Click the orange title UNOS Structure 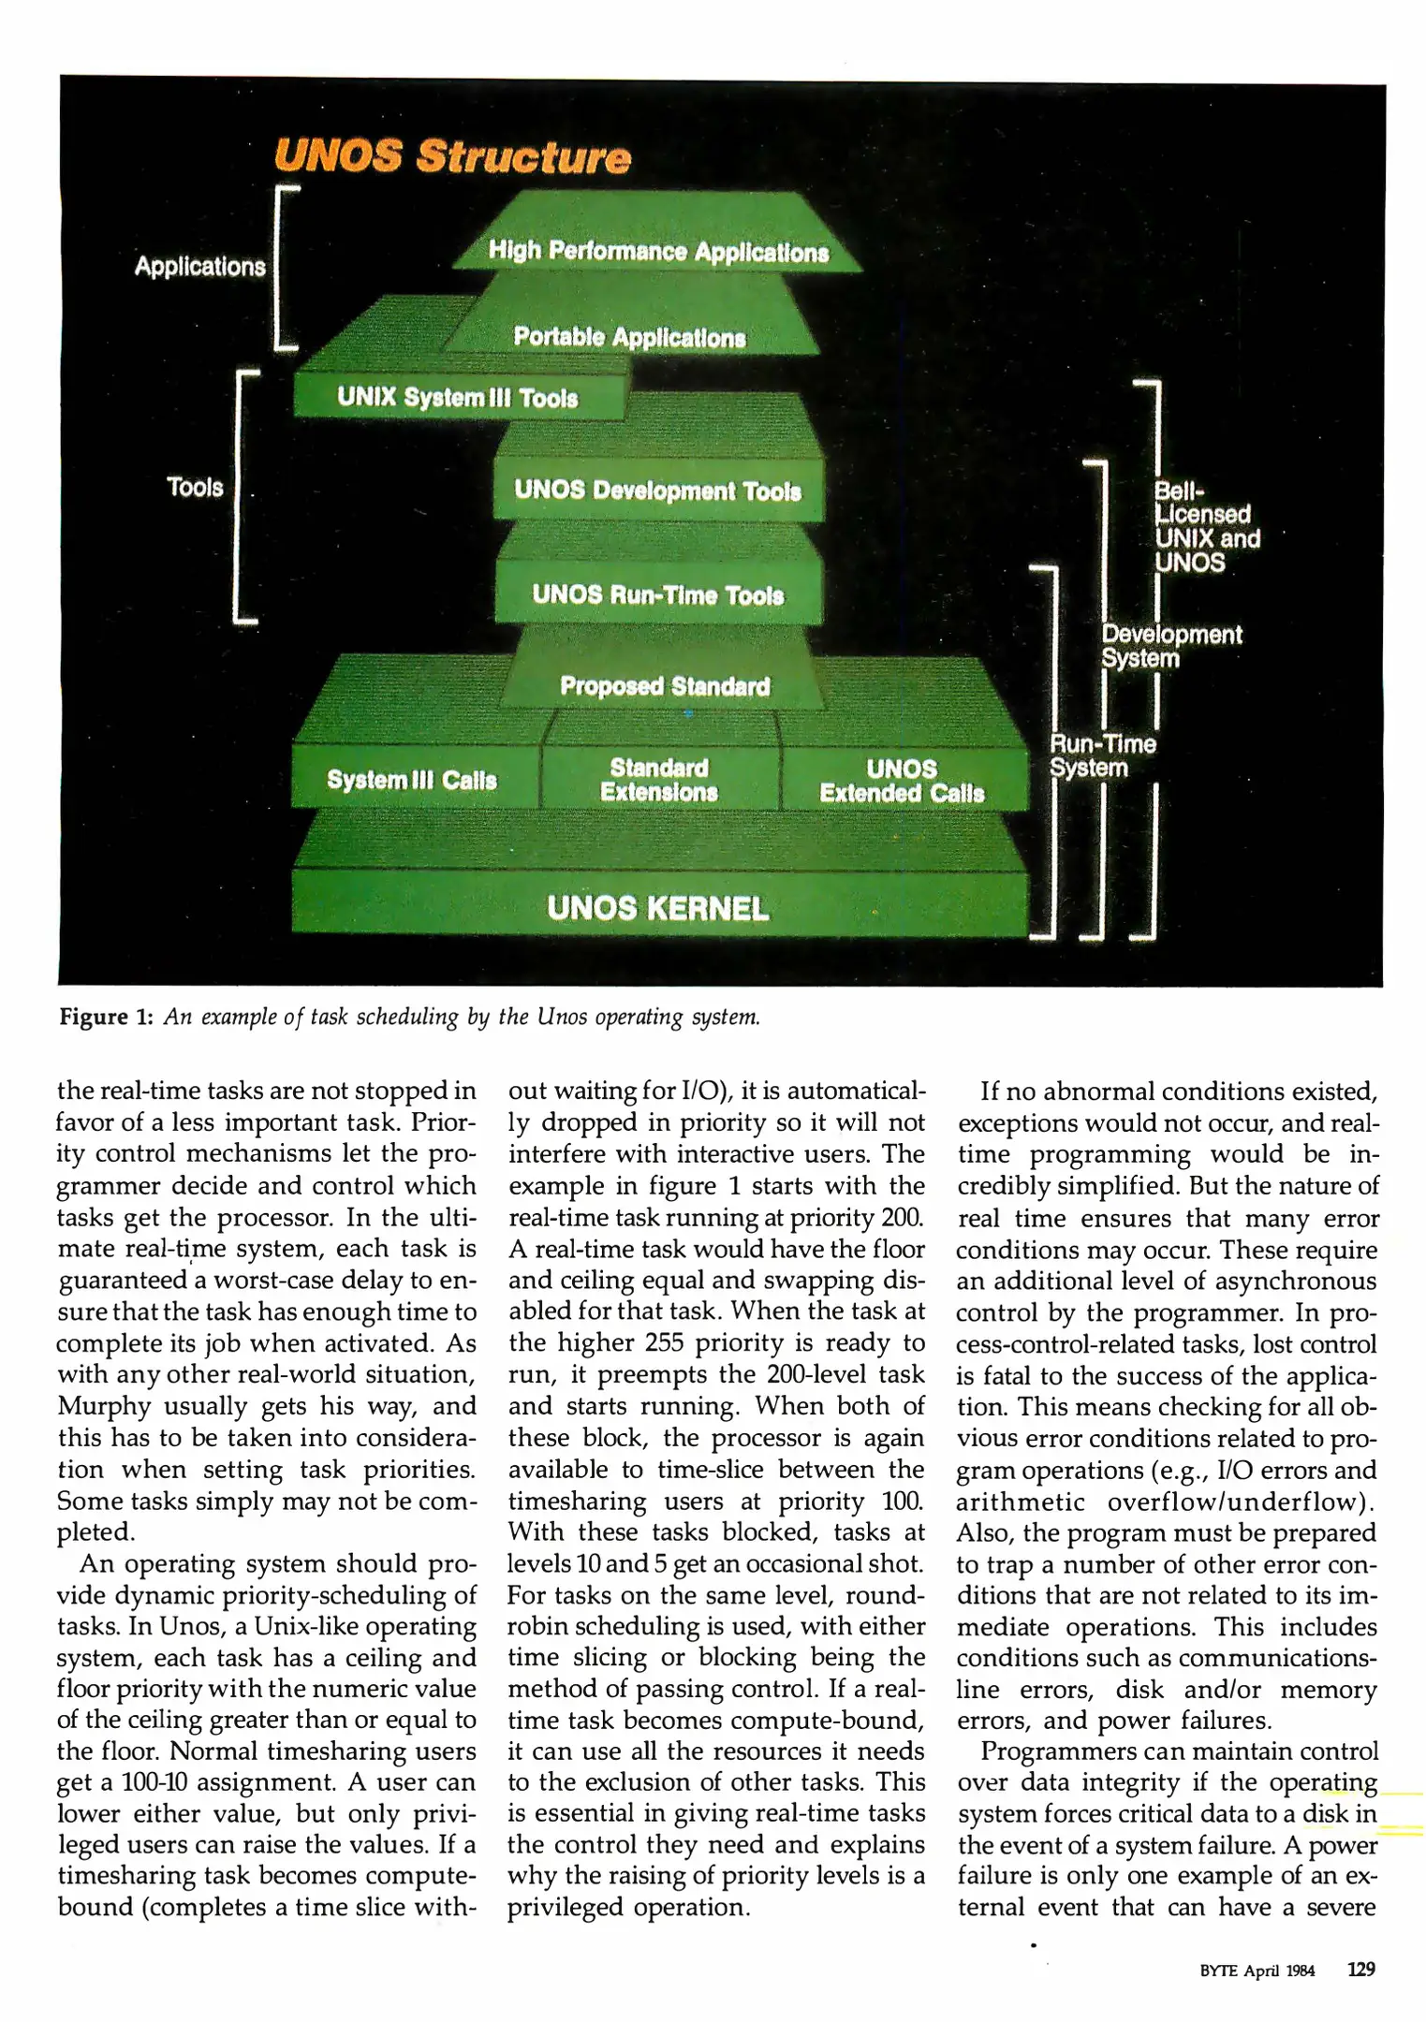tap(452, 156)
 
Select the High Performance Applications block tap(658, 251)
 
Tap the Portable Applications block tap(629, 337)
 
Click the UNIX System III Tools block tap(457, 398)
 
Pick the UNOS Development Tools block tap(657, 491)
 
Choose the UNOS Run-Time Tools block tap(657, 594)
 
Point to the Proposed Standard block tap(665, 686)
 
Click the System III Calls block tap(412, 780)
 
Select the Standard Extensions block tap(659, 780)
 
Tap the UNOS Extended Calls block tap(902, 781)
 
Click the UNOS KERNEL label tap(657, 908)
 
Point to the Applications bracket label tap(199, 267)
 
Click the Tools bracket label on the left tap(195, 487)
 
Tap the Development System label tap(1170, 646)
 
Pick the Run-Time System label tap(1102, 755)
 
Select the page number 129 tap(1360, 1969)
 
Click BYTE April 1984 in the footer tap(1257, 1971)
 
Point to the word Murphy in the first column tap(104, 1407)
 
